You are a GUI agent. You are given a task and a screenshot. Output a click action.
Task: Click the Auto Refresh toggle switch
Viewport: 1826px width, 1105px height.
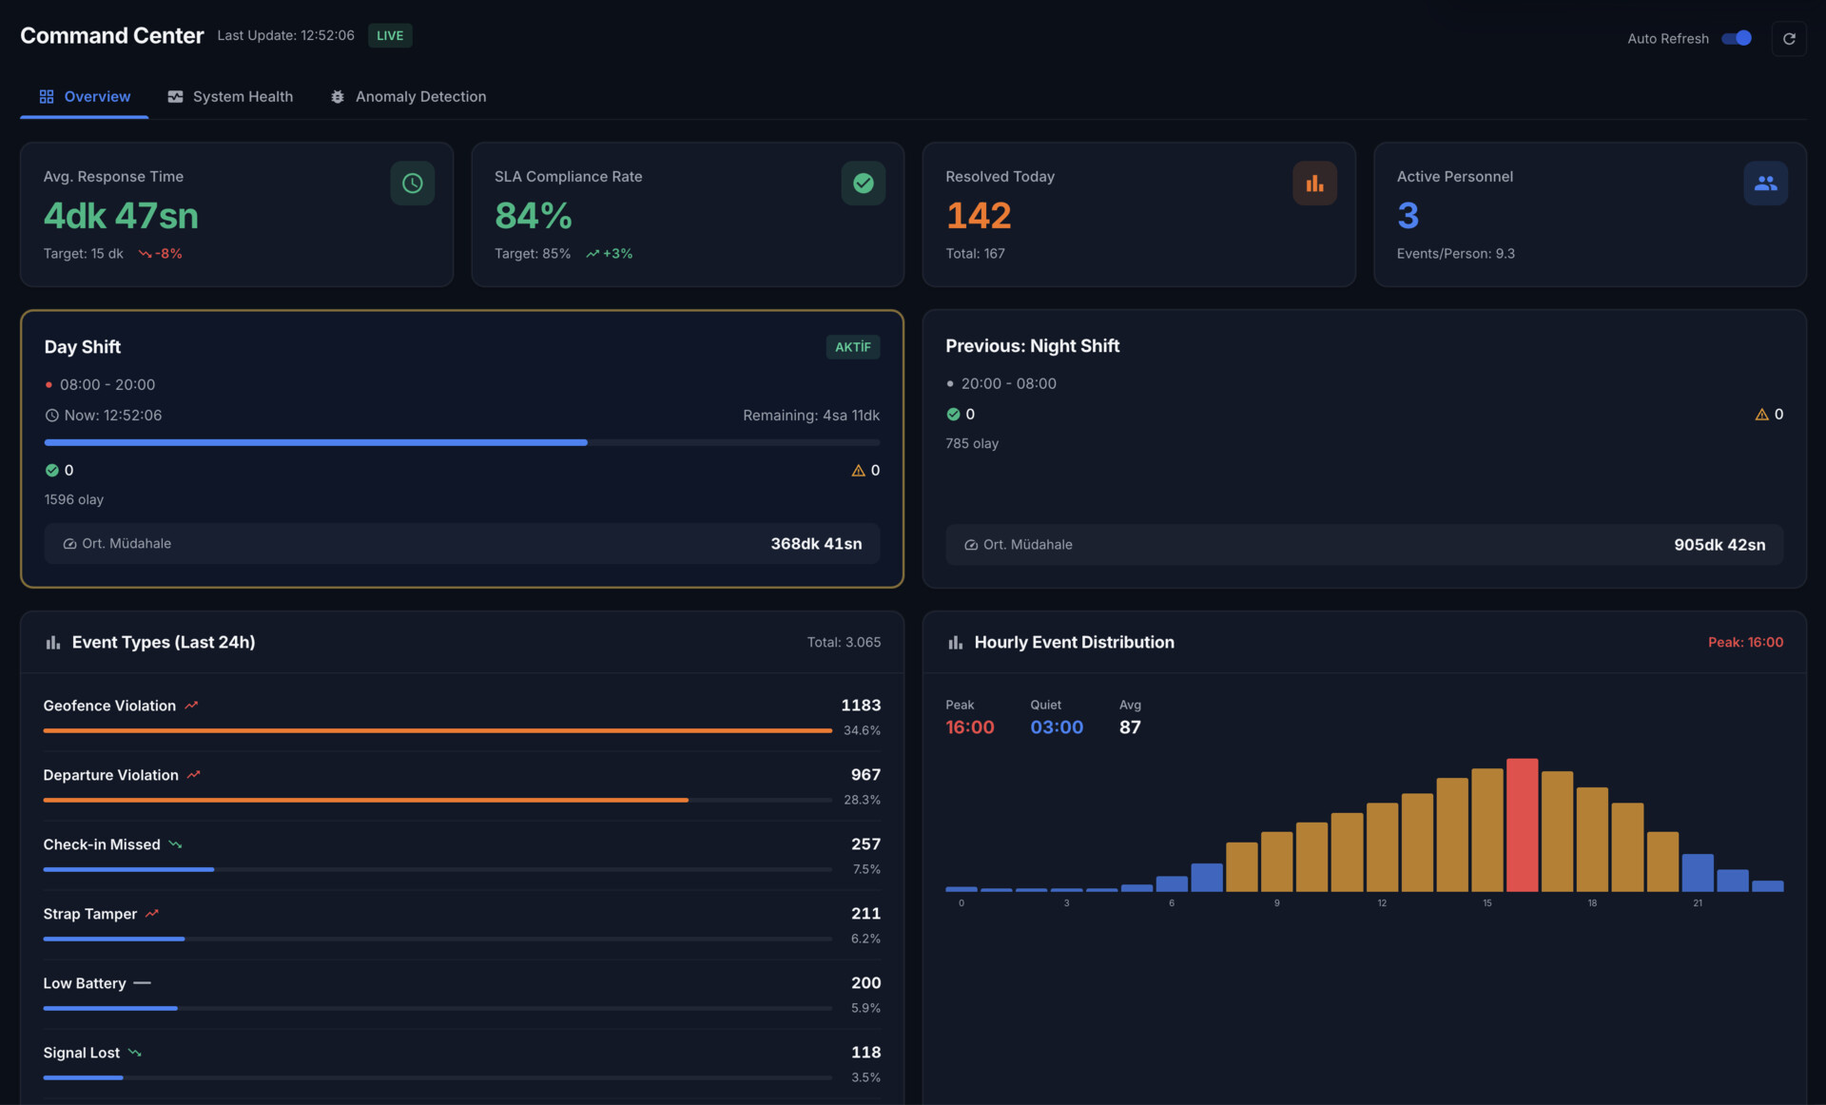1737,38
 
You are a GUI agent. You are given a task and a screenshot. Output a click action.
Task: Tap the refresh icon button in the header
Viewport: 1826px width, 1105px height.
1788,39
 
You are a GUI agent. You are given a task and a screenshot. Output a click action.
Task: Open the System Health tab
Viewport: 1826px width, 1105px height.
230,97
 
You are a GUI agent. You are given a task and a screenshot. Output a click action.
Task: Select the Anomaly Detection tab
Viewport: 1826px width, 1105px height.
408,97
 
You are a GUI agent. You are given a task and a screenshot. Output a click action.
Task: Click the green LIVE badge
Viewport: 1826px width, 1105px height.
390,36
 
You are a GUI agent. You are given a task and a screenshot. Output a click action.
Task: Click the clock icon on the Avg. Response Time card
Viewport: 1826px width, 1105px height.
412,183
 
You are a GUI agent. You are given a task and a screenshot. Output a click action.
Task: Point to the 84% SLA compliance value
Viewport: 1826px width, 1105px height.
533,216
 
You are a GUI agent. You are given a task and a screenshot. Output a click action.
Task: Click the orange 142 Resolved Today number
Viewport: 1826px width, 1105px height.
978,216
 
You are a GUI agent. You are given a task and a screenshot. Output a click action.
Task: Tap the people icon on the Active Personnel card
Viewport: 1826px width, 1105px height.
1765,183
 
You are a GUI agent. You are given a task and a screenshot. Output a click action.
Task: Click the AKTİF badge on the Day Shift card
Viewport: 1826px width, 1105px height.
852,347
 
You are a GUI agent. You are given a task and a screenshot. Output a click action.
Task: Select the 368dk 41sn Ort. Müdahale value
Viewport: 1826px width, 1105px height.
815,544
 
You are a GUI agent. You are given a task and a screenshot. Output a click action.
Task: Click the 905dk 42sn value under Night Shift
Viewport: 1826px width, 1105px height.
1719,545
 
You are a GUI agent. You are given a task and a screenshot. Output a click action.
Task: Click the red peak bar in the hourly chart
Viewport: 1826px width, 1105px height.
1522,824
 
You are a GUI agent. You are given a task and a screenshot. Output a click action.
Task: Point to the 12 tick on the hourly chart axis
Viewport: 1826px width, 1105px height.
1381,903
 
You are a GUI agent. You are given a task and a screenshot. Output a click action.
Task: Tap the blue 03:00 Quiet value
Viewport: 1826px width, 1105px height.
1056,727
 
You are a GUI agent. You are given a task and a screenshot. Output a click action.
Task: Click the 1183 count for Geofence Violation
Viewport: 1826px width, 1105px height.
860,706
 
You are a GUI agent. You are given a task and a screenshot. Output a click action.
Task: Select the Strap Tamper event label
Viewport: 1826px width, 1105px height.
90,914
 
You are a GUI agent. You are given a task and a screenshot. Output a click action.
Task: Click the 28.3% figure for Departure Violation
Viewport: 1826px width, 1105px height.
862,800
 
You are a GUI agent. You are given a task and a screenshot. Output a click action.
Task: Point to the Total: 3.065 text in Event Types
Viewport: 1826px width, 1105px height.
844,643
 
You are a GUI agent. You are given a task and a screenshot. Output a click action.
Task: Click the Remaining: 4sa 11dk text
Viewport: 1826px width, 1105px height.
810,416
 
